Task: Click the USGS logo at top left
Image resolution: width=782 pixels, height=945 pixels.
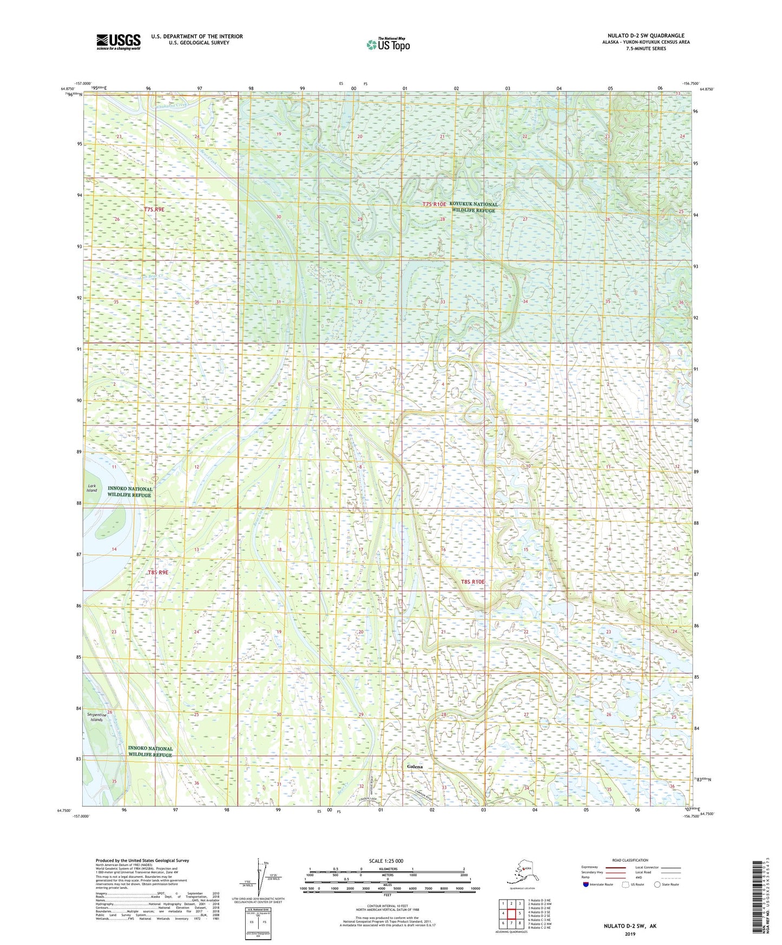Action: pyautogui.click(x=118, y=42)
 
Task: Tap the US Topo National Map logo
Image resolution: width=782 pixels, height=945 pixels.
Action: pyautogui.click(x=387, y=44)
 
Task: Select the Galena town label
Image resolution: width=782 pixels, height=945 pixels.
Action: pyautogui.click(x=415, y=767)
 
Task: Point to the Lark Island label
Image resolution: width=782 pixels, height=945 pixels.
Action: pyautogui.click(x=92, y=488)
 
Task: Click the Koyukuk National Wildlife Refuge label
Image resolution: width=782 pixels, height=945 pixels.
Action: pyautogui.click(x=473, y=207)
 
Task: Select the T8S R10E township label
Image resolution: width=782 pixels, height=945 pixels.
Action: pyautogui.click(x=472, y=582)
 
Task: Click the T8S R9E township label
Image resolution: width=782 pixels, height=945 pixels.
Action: pyautogui.click(x=158, y=572)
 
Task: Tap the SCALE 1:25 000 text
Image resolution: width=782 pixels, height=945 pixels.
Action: pyautogui.click(x=386, y=861)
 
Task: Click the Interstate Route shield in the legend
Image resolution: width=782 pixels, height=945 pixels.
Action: pyautogui.click(x=586, y=885)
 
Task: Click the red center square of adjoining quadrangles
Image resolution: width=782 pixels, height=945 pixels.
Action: pyautogui.click(x=511, y=914)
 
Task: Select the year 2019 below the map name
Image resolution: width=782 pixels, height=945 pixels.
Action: pyautogui.click(x=630, y=934)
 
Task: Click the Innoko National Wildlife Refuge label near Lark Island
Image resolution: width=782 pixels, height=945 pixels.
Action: pyautogui.click(x=129, y=492)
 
